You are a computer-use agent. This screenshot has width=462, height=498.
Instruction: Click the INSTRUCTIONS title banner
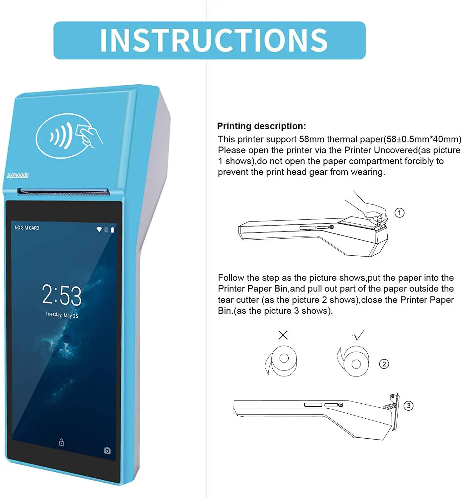tap(209, 40)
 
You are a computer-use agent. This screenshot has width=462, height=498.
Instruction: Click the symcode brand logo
tap(18, 175)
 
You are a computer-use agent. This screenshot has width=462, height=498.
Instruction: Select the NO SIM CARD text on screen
tap(27, 228)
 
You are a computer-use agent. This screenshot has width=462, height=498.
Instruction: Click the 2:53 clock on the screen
tap(62, 295)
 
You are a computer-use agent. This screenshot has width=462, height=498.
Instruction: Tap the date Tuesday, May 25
tap(62, 315)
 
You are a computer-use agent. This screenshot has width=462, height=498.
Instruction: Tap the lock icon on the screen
tap(61, 442)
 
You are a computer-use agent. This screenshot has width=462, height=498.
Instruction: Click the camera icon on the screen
tap(107, 451)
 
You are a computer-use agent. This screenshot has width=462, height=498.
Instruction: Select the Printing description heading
tap(261, 126)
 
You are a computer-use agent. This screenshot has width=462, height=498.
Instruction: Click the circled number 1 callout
tap(399, 213)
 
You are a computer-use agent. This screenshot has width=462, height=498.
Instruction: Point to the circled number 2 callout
tap(384, 364)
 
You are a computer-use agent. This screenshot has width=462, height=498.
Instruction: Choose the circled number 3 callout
tap(408, 406)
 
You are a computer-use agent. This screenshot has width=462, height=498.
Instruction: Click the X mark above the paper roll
tap(283, 335)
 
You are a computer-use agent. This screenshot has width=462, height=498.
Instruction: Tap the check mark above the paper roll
tap(359, 335)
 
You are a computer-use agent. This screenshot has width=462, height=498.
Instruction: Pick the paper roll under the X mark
tap(282, 361)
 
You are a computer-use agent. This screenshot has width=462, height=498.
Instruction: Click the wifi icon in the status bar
tap(99, 229)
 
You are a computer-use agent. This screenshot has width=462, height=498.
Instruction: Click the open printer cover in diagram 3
tap(394, 412)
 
